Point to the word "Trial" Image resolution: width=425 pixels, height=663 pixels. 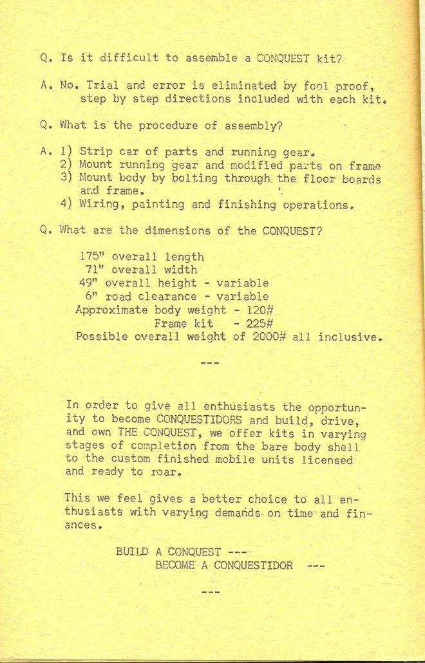click(x=102, y=86)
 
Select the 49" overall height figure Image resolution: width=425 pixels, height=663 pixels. click(x=89, y=283)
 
